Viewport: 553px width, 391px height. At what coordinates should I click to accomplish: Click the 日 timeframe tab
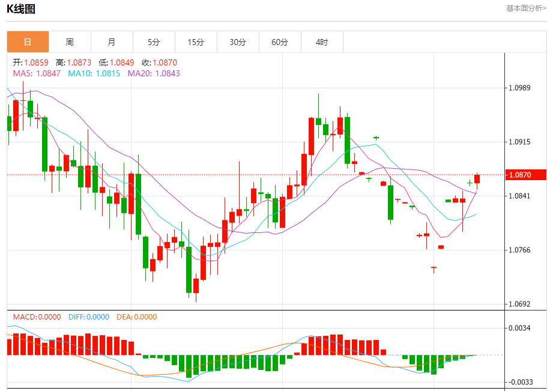[28, 42]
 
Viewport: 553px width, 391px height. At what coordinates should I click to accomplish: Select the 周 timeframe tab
[70, 42]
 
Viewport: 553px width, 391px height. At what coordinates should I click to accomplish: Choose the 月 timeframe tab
[112, 42]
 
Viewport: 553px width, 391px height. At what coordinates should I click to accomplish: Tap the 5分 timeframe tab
[154, 42]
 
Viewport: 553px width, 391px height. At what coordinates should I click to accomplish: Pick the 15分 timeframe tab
[196, 42]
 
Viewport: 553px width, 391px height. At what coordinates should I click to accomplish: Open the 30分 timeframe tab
[238, 42]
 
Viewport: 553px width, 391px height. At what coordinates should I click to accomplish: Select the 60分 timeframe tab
[280, 42]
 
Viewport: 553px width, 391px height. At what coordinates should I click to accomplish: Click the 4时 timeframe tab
[322, 42]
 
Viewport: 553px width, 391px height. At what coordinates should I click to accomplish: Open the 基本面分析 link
[526, 8]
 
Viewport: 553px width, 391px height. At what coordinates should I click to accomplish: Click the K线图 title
[21, 9]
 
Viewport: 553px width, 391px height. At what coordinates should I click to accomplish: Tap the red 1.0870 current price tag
[520, 175]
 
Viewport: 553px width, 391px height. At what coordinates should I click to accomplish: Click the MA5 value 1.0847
[48, 73]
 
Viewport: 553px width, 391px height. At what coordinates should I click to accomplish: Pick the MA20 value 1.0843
[168, 73]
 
